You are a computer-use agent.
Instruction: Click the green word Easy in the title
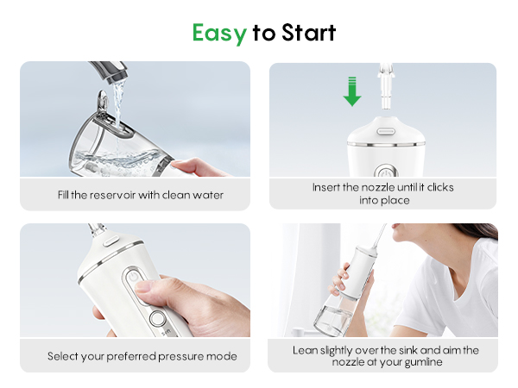[x=219, y=33]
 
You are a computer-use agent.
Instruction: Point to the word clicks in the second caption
[x=436, y=187]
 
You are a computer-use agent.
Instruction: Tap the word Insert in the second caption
[x=327, y=187]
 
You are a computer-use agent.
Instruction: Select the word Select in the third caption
[x=64, y=356]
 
